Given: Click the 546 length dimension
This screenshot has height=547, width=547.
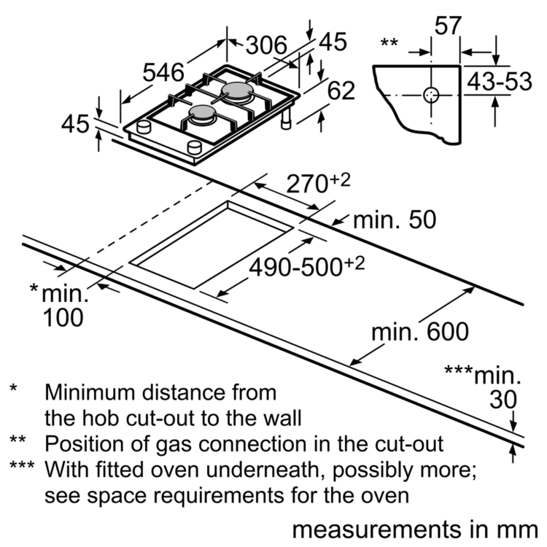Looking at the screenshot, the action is [x=163, y=73].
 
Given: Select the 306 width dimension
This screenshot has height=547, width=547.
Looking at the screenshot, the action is [x=266, y=45].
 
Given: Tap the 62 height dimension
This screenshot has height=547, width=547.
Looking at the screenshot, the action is [x=341, y=90].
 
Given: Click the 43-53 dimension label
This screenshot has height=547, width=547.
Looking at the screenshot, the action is [x=500, y=82].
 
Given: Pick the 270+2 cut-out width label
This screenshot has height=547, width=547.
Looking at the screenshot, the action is [x=318, y=183].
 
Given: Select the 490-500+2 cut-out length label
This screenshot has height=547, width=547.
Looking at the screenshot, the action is [x=306, y=266].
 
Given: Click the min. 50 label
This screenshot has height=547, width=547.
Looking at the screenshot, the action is [x=395, y=220].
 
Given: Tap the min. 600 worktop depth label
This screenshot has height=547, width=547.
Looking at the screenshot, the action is [x=420, y=332].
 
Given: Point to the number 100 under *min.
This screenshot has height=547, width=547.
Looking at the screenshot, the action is [x=63, y=317].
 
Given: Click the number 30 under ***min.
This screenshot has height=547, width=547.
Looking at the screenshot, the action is [x=503, y=400].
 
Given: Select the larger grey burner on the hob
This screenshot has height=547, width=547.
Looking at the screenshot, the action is [x=237, y=91].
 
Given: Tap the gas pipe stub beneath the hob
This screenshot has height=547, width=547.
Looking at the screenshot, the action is [x=287, y=119].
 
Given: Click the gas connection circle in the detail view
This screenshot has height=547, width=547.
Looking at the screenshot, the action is [x=431, y=95].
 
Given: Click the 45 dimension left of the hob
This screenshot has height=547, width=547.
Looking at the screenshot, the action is [x=75, y=124].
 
